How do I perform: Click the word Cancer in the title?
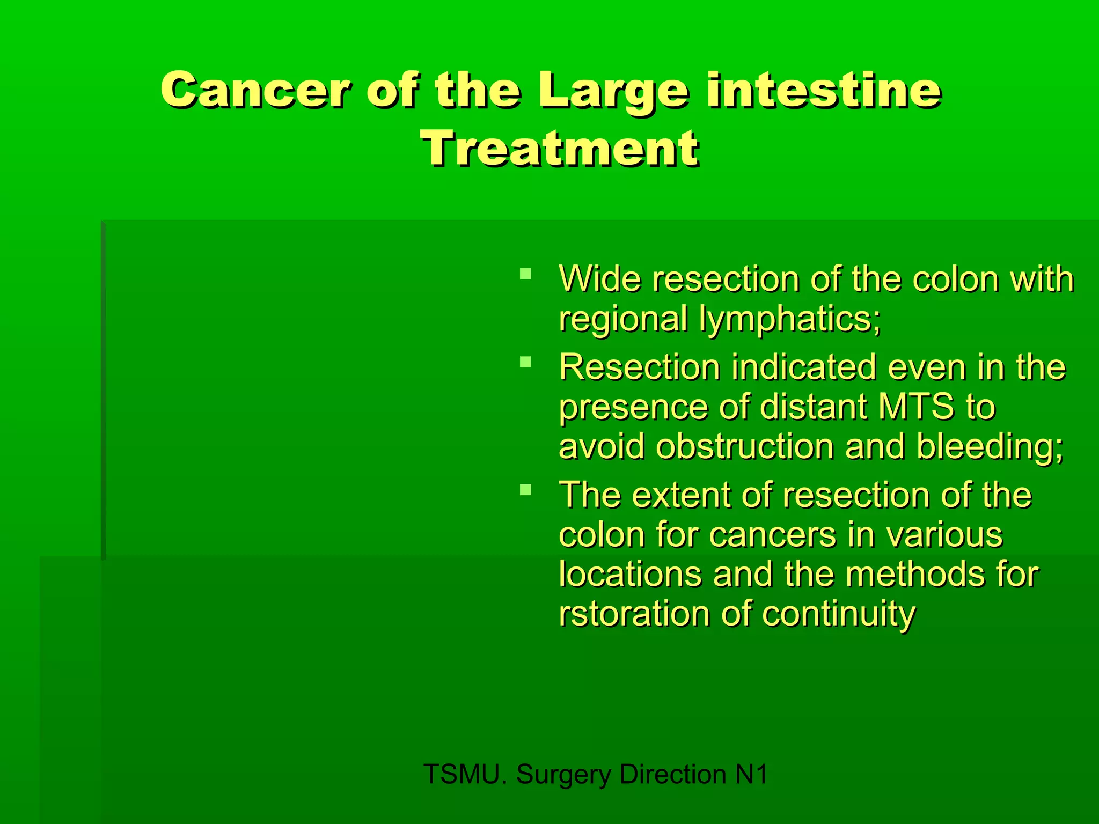255,90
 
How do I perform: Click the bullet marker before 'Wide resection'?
525,275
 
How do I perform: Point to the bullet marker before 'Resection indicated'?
525,362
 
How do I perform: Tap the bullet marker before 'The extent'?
525,489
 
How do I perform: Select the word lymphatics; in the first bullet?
789,319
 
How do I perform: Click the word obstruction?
745,446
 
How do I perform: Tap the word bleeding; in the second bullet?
989,446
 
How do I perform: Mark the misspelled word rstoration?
634,614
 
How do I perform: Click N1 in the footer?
751,774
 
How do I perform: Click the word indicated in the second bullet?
803,367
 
